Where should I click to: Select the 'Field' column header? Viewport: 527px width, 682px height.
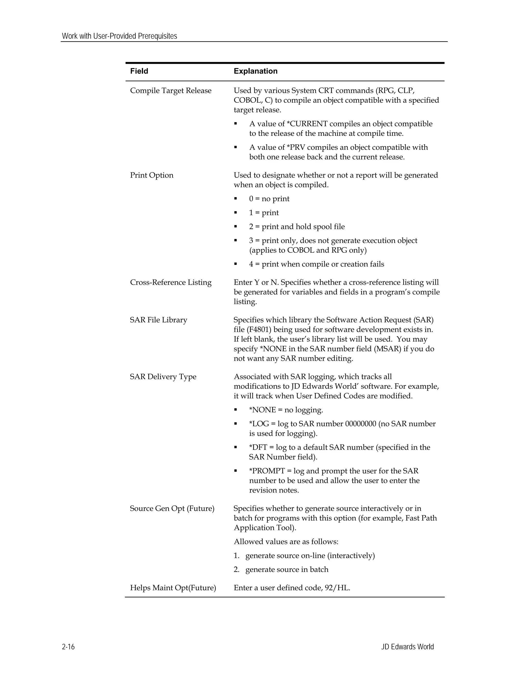coord(139,71)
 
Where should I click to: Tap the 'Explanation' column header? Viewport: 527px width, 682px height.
coord(255,71)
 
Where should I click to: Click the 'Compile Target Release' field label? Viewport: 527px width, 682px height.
coord(170,91)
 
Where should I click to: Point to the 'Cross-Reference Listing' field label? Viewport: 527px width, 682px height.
coord(170,282)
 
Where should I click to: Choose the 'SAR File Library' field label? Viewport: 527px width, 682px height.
coord(158,320)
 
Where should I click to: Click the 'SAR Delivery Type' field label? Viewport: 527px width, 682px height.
coord(163,377)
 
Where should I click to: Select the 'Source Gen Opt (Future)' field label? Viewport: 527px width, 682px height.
coord(172,508)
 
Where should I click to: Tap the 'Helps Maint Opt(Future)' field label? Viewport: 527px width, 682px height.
coord(173,588)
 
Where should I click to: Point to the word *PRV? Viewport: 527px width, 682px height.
coord(297,147)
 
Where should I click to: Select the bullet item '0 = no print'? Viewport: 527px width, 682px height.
coord(269,199)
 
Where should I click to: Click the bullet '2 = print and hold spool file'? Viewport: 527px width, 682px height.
coord(297,227)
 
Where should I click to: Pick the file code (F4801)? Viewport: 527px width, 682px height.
coord(259,329)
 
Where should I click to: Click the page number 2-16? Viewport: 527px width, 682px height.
coord(68,647)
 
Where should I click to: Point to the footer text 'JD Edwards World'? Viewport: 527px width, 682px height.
coord(407,647)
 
